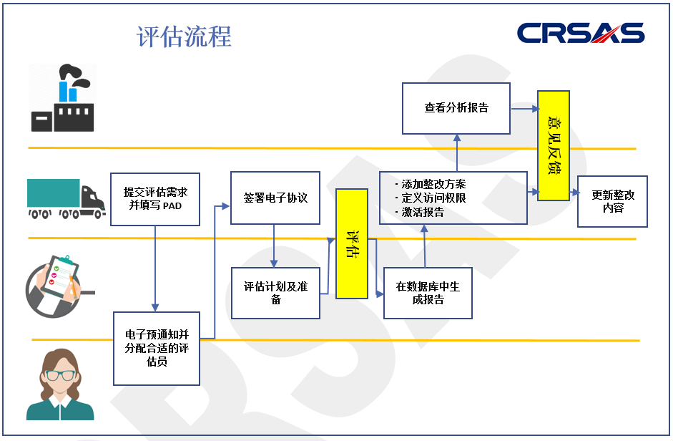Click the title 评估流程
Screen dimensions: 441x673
tap(185, 37)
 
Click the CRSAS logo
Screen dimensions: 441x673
tap(580, 33)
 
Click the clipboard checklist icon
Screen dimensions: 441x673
tap(58, 282)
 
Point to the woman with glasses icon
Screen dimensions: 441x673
tap(60, 384)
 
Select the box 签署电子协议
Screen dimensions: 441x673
tap(275, 198)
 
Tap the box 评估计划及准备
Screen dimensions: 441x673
tap(275, 293)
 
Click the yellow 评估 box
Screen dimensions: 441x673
tap(351, 243)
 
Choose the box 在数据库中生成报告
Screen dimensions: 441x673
tap(428, 293)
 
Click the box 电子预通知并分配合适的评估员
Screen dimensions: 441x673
tap(156, 348)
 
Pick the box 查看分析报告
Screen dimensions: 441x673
tap(456, 108)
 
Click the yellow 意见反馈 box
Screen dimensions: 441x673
tap(554, 145)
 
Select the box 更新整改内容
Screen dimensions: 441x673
tap(612, 201)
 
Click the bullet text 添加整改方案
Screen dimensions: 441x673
tap(433, 184)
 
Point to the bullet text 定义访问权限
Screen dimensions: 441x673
tap(433, 198)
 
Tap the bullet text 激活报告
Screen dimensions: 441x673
tap(422, 212)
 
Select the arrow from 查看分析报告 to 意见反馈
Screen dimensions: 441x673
tap(524, 109)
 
